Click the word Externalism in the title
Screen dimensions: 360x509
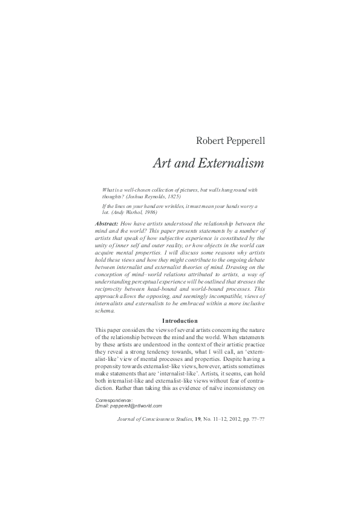click(229, 163)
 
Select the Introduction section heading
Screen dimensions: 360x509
click(180, 320)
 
